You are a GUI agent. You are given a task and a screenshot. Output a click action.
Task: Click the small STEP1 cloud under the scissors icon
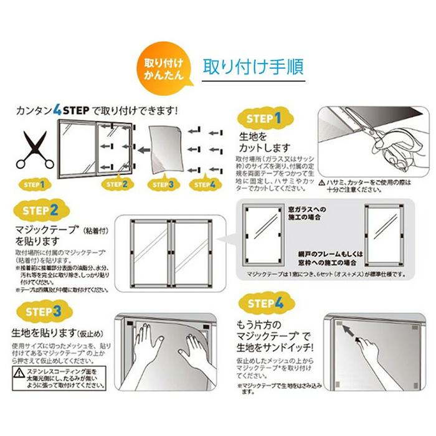pyautogui.click(x=34, y=184)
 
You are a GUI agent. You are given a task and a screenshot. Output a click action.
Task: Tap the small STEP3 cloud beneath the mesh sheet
pyautogui.click(x=162, y=184)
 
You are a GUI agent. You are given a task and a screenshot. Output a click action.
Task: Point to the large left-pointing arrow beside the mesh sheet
pyautogui.click(x=142, y=149)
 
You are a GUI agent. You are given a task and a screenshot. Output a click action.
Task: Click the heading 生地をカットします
pyautogui.click(x=257, y=141)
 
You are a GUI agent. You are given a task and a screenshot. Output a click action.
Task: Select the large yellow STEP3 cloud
pyautogui.click(x=42, y=311)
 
